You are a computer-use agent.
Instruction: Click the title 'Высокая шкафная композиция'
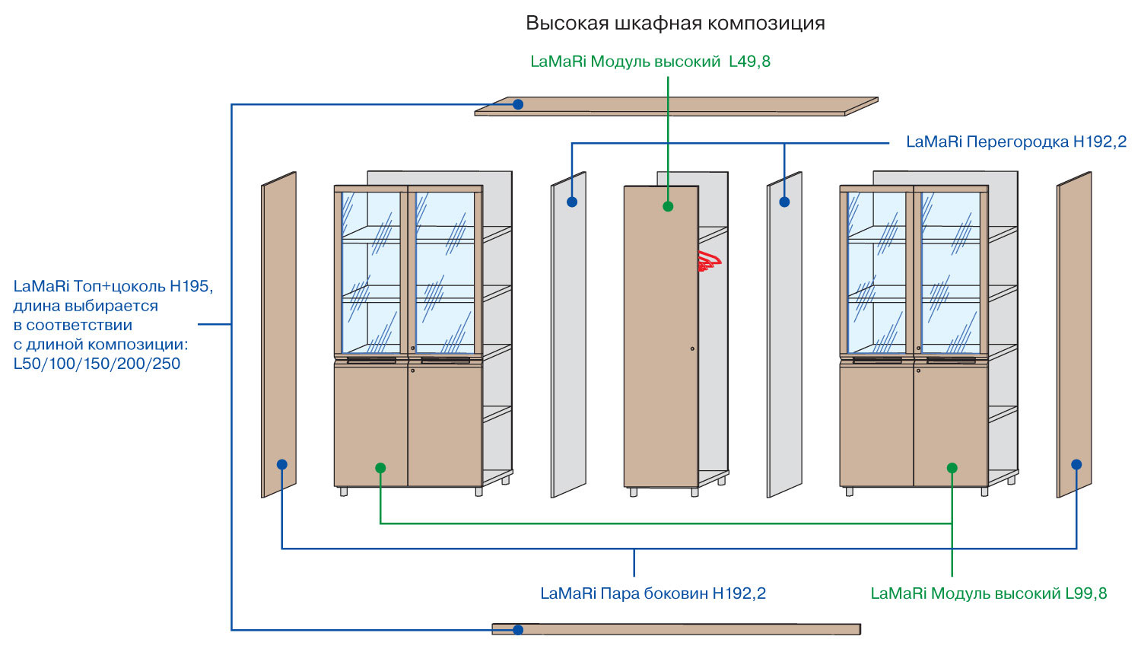[x=675, y=23]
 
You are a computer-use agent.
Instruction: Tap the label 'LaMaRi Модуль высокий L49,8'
[x=650, y=62]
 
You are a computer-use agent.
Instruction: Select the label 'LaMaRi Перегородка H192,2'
[x=1016, y=142]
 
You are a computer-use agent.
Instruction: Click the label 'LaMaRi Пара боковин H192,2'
[x=653, y=593]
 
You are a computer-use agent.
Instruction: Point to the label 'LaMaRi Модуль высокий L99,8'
[x=989, y=593]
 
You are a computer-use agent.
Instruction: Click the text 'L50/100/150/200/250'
[x=97, y=364]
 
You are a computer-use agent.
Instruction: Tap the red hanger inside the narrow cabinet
[x=709, y=261]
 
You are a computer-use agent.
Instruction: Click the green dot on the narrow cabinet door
[x=668, y=206]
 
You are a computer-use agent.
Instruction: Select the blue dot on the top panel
[x=518, y=104]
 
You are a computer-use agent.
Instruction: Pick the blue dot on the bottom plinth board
[x=518, y=630]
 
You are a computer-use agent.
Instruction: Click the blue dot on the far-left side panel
[x=282, y=464]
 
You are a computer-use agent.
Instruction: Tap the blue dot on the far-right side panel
[x=1076, y=464]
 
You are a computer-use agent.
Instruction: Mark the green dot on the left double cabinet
[x=380, y=468]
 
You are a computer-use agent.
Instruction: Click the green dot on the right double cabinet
[x=952, y=468]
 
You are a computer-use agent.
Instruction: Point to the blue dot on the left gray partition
[x=572, y=202]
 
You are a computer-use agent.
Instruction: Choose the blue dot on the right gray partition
[x=784, y=202]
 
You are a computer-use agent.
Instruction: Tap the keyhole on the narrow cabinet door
[x=692, y=348]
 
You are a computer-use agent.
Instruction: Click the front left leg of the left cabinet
[x=344, y=491]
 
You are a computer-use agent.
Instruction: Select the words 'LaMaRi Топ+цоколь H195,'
[x=113, y=287]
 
